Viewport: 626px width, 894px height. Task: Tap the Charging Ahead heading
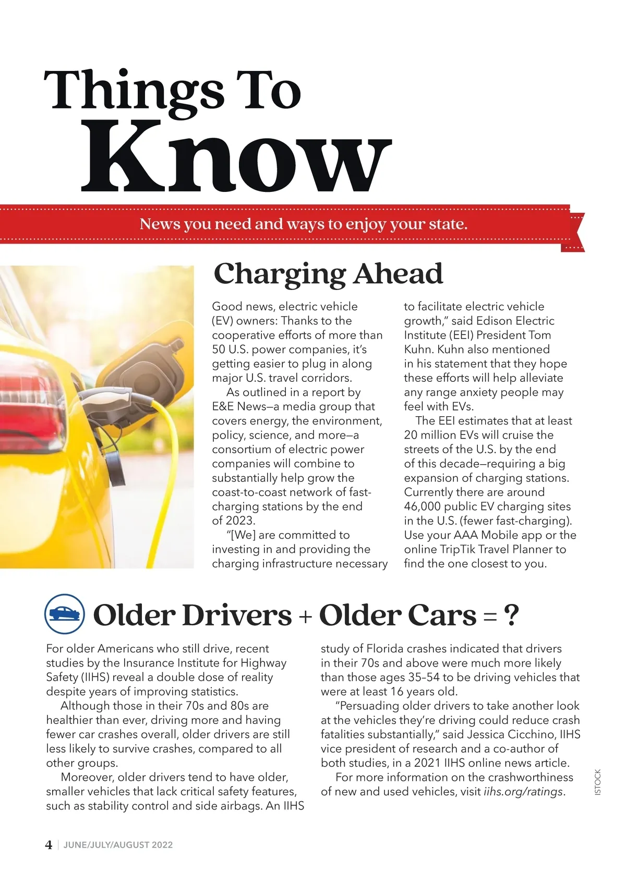click(x=328, y=273)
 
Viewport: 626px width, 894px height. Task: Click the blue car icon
click(x=65, y=614)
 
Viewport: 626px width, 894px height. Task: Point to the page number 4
click(x=49, y=845)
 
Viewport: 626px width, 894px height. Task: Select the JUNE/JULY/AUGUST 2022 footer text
click(x=118, y=845)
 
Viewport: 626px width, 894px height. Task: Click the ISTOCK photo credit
click(x=598, y=782)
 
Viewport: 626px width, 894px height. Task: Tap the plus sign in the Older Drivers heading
click(x=305, y=617)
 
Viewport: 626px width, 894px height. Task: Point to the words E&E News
click(x=239, y=406)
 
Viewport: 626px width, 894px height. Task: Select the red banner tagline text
click(x=304, y=224)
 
